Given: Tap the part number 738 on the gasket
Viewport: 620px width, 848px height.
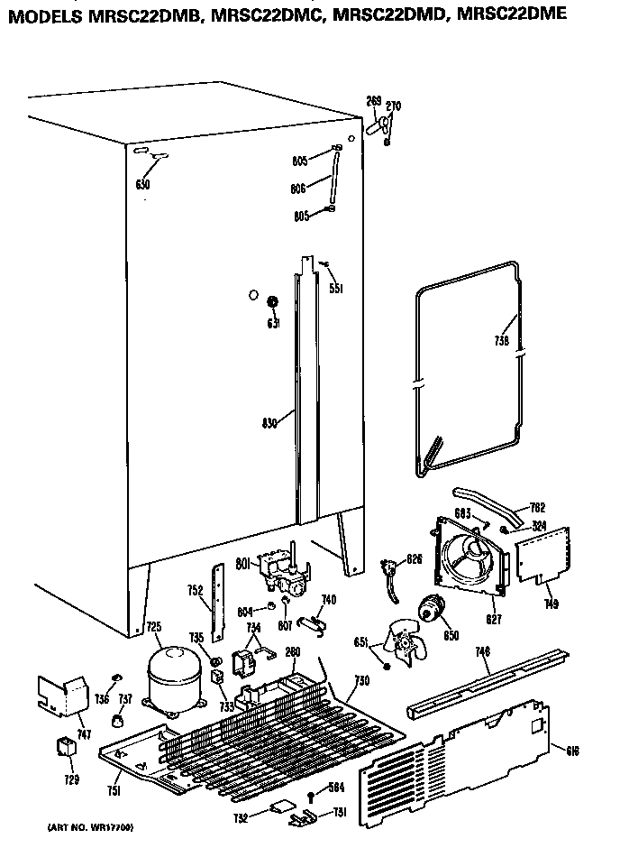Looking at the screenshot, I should (502, 341).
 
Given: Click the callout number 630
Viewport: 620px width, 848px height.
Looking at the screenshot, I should (142, 185).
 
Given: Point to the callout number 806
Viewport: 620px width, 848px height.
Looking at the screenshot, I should (299, 189).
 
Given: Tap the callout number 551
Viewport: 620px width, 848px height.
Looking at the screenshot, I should (335, 290).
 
